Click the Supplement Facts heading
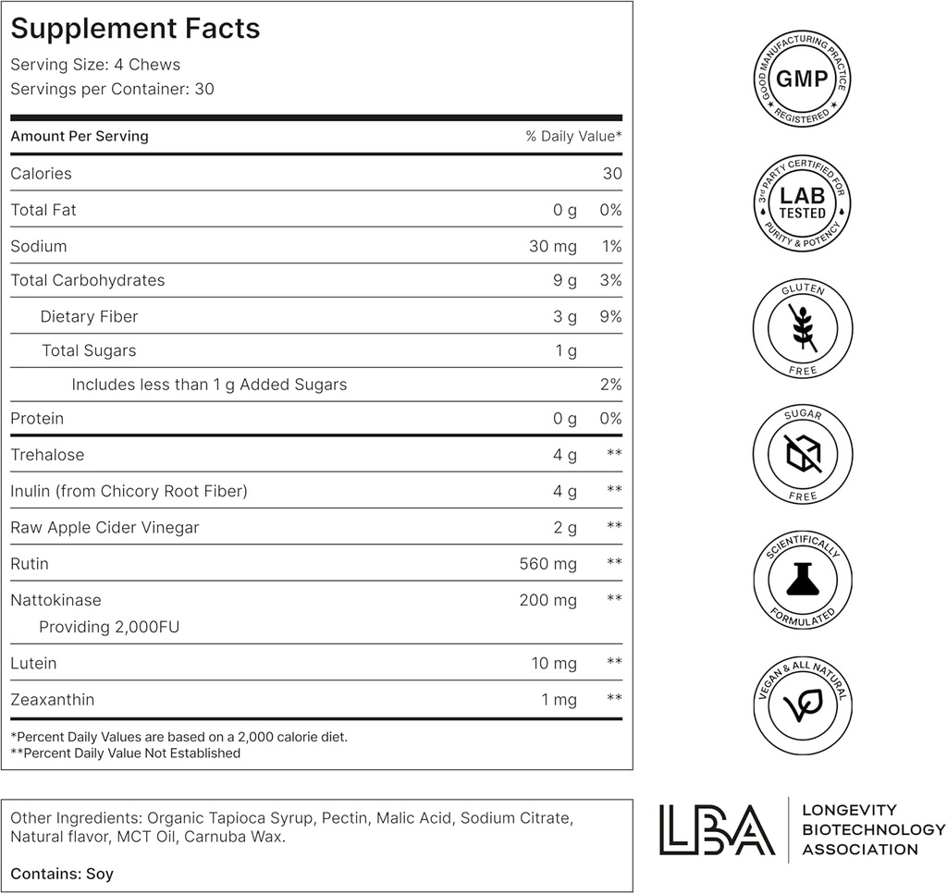coord(135,29)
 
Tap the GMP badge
coord(802,79)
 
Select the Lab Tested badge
coord(802,203)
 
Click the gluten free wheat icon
coord(802,327)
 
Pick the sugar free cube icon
coord(802,453)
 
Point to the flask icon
coord(802,579)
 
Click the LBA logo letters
coord(716,829)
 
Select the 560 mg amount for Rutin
coord(548,564)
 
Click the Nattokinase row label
coord(55,600)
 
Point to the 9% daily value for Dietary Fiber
coord(609,316)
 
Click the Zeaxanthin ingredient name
coord(53,700)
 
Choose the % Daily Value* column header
coord(573,136)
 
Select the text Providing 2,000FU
coord(109,627)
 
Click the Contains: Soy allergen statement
coord(62,874)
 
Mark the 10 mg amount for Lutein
coord(554,664)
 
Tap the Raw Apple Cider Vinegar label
coord(105,528)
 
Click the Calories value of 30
coord(611,174)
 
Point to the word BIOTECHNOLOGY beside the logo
coord(873,829)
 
